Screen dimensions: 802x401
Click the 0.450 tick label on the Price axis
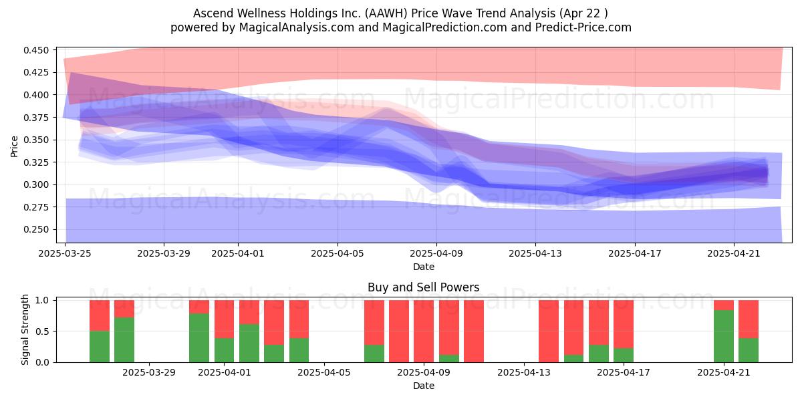36,50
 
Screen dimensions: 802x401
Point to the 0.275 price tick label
36,207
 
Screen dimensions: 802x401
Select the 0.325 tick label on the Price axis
36,162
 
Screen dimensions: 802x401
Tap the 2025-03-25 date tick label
65,253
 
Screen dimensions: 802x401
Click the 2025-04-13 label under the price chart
535,253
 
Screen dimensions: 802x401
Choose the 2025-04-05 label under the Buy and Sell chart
324,373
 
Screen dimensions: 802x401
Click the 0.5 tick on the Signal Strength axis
42,331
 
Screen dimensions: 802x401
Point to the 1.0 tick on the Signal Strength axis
42,300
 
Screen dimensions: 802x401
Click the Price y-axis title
14,146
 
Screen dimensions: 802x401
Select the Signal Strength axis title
25,329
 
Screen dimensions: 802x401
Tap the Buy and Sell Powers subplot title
424,287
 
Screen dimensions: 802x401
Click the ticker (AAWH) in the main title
386,13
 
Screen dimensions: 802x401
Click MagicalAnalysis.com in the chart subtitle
297,27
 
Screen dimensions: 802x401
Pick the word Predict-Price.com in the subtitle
583,27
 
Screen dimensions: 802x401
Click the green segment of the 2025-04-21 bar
724,336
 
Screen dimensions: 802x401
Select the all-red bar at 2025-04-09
424,331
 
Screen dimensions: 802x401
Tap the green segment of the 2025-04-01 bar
224,350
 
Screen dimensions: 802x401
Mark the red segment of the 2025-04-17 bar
624,324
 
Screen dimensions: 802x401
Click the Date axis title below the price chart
424,267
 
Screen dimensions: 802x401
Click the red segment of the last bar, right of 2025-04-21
749,319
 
